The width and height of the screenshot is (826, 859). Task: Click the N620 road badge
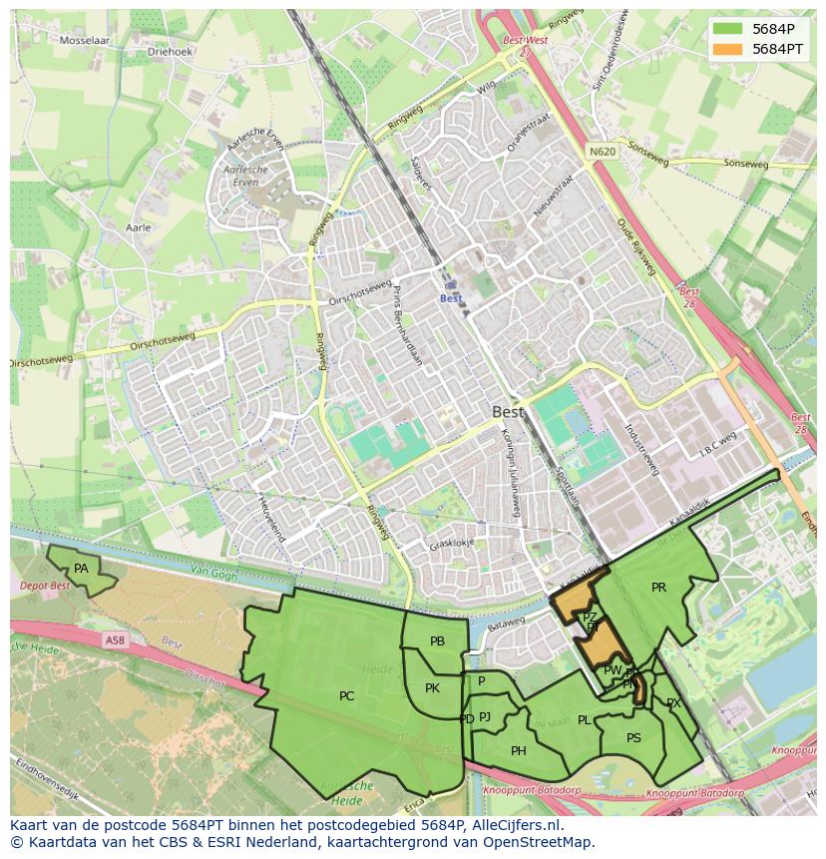602,152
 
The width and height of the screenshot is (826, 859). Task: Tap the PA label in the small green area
82,569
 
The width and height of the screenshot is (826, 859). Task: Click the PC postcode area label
346,696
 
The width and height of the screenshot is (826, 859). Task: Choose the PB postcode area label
437,642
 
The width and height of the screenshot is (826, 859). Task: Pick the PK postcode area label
432,688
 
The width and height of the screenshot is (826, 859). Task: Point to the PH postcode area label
519,751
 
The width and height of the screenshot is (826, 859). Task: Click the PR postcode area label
658,588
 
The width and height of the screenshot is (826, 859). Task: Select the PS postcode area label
633,738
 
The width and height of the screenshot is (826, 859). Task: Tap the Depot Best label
45,587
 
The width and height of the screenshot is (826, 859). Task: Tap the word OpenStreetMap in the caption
541,843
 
